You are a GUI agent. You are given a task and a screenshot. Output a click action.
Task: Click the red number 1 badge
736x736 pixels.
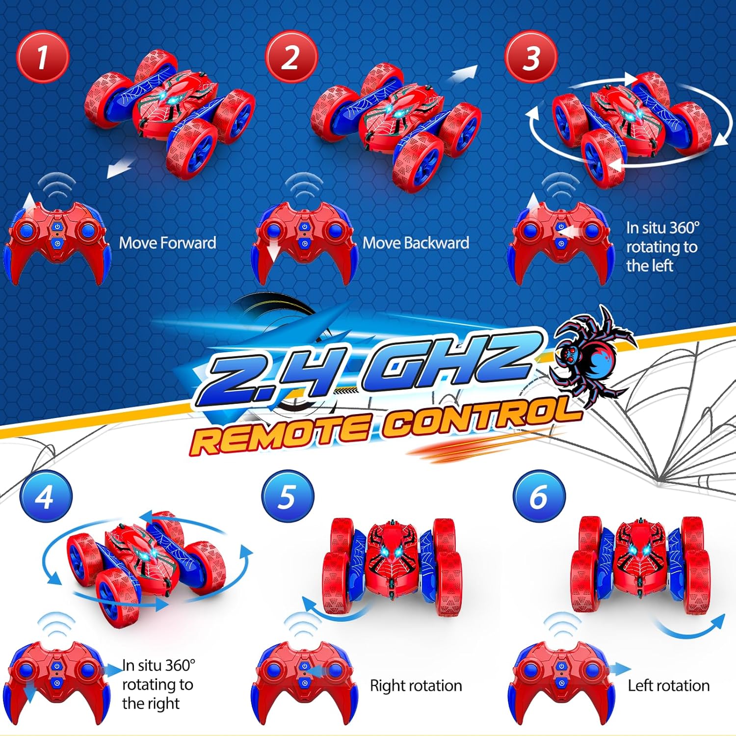43,57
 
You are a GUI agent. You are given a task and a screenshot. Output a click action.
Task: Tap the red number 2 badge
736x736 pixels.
291,57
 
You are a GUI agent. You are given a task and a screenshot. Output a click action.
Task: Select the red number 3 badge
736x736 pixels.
531,57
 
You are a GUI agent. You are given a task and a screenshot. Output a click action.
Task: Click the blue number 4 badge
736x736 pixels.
46,497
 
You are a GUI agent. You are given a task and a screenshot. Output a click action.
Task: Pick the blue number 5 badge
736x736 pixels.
288,497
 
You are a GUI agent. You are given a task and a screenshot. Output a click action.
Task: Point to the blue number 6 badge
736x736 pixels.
539,497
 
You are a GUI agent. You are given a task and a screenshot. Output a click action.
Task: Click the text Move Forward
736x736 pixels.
167,243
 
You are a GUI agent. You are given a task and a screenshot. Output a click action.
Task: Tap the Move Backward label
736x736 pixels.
416,243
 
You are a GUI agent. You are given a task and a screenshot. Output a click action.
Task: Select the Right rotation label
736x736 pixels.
416,685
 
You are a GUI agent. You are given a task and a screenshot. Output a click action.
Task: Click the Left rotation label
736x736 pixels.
668,685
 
